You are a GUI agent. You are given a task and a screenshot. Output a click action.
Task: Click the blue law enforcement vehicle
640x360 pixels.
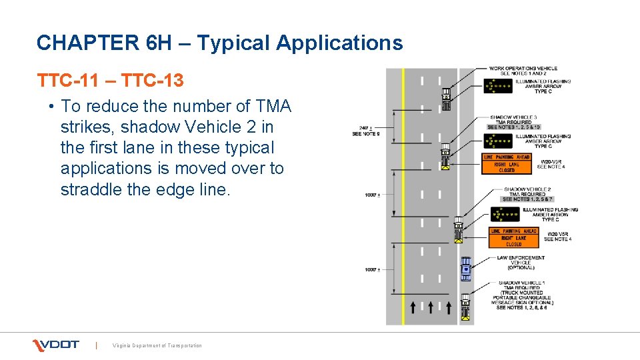(465, 268)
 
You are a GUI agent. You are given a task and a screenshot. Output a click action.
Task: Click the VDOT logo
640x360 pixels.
(56, 345)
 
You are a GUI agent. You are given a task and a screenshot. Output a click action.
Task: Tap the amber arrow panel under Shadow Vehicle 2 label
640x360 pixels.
(505, 214)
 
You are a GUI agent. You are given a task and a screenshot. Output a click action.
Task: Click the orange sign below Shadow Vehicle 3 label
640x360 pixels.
(507, 163)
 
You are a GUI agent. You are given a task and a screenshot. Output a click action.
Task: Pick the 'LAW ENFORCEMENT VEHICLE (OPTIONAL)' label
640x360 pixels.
(521, 262)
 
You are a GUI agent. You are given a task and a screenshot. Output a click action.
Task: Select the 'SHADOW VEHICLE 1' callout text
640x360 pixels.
(522, 283)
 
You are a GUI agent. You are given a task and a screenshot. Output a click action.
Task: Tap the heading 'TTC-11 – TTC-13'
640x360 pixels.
(110, 81)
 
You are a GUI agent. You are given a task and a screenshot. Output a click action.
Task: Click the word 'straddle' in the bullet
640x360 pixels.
(91, 189)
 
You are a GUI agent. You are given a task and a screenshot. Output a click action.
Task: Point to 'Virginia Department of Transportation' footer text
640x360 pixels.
(157, 345)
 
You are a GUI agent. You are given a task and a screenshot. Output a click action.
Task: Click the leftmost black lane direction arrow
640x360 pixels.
(413, 307)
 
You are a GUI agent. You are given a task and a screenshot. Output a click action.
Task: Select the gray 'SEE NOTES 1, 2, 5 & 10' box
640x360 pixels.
(513, 127)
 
